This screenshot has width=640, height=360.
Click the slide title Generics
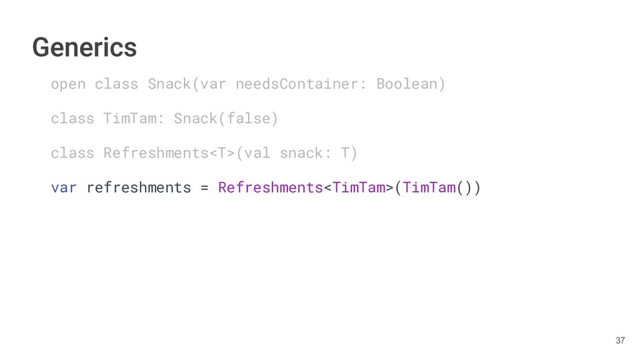(x=84, y=47)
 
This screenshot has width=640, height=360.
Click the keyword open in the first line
(x=68, y=84)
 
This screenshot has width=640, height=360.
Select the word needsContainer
(x=297, y=84)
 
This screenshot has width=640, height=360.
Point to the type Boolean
(x=407, y=84)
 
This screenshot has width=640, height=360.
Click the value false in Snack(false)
(x=249, y=118)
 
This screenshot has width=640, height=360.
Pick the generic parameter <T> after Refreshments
(x=222, y=152)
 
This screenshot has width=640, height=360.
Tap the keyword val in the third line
(x=257, y=152)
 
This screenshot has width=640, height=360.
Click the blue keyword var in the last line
(x=64, y=187)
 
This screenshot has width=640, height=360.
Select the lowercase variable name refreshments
(x=139, y=187)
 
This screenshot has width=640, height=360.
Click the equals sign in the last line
(x=205, y=187)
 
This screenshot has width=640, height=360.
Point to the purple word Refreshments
(x=271, y=187)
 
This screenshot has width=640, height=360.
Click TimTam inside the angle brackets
(x=359, y=187)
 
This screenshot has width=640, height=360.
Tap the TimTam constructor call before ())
(x=429, y=187)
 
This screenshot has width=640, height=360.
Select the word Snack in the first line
(x=169, y=84)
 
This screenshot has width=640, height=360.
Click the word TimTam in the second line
(x=130, y=118)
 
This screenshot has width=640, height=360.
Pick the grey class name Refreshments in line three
(x=156, y=152)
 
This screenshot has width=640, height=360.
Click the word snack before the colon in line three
(x=301, y=152)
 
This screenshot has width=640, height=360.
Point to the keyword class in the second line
(x=72, y=118)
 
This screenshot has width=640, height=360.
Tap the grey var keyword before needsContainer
(x=213, y=84)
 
